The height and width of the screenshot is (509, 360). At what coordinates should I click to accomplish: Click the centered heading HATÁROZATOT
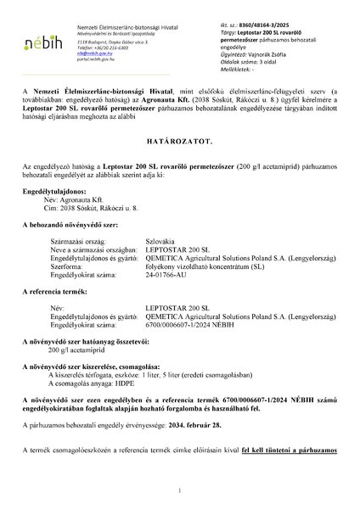click(x=180, y=157)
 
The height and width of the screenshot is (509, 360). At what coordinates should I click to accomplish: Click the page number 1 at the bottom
click(x=180, y=492)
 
